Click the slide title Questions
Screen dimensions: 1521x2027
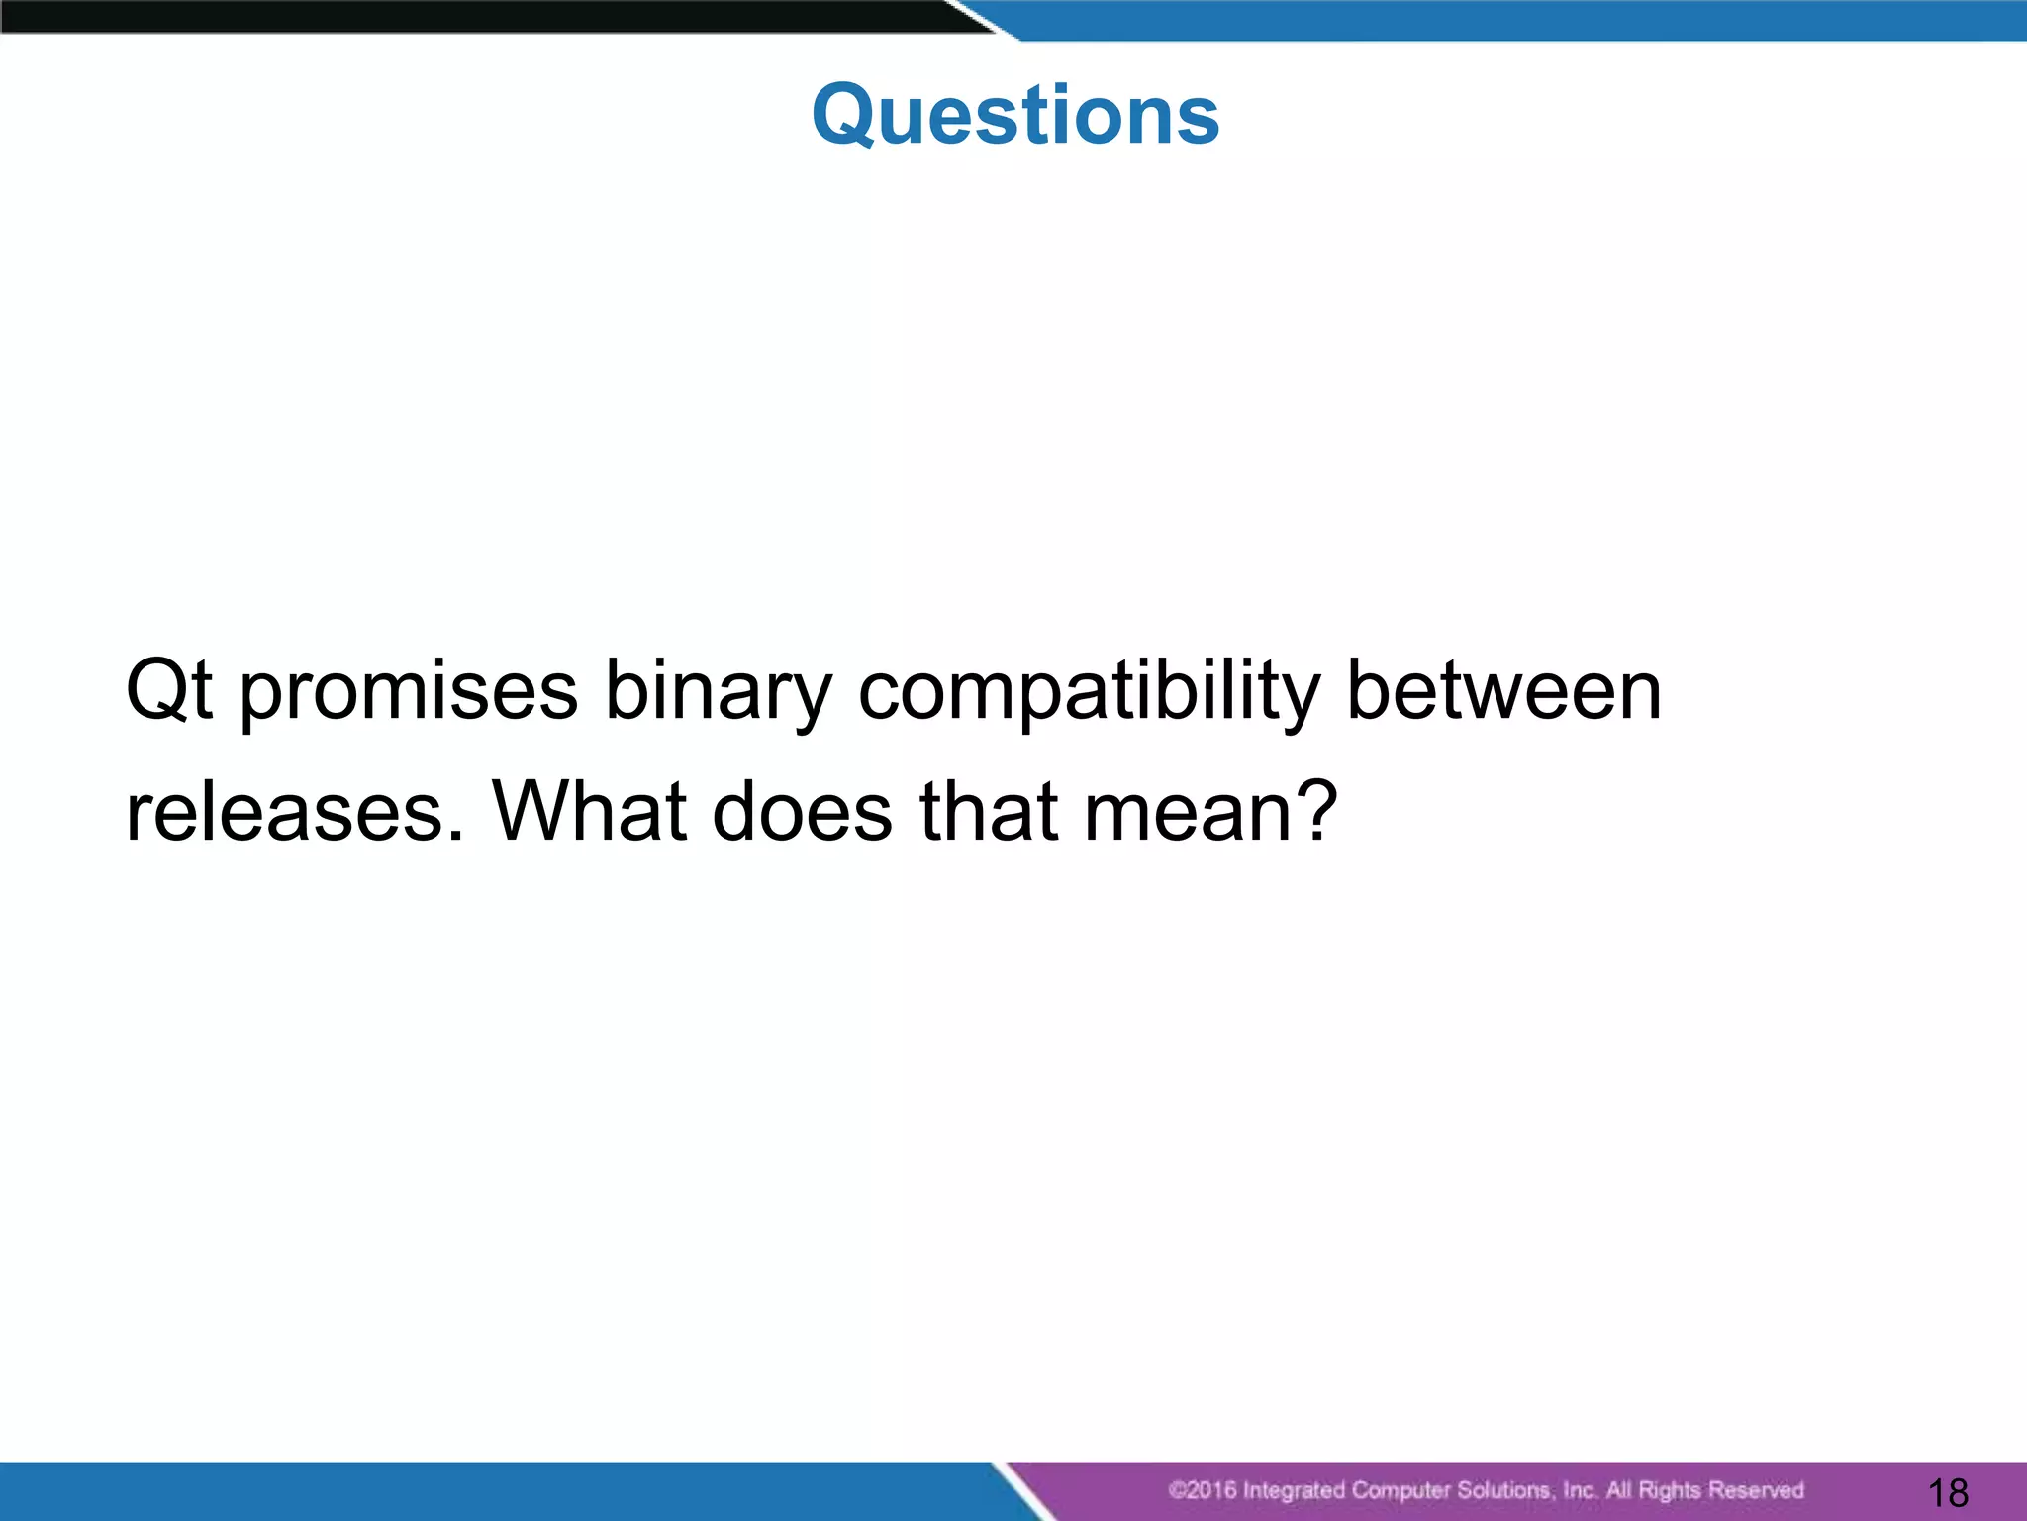(x=1015, y=115)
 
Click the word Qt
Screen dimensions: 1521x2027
(x=168, y=690)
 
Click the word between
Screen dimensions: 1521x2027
(x=1503, y=690)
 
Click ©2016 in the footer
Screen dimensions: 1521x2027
(x=1203, y=1490)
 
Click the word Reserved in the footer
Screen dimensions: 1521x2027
(x=1755, y=1490)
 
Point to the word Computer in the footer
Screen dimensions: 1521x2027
(x=1402, y=1490)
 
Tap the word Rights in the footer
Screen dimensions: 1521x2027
(x=1669, y=1490)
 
